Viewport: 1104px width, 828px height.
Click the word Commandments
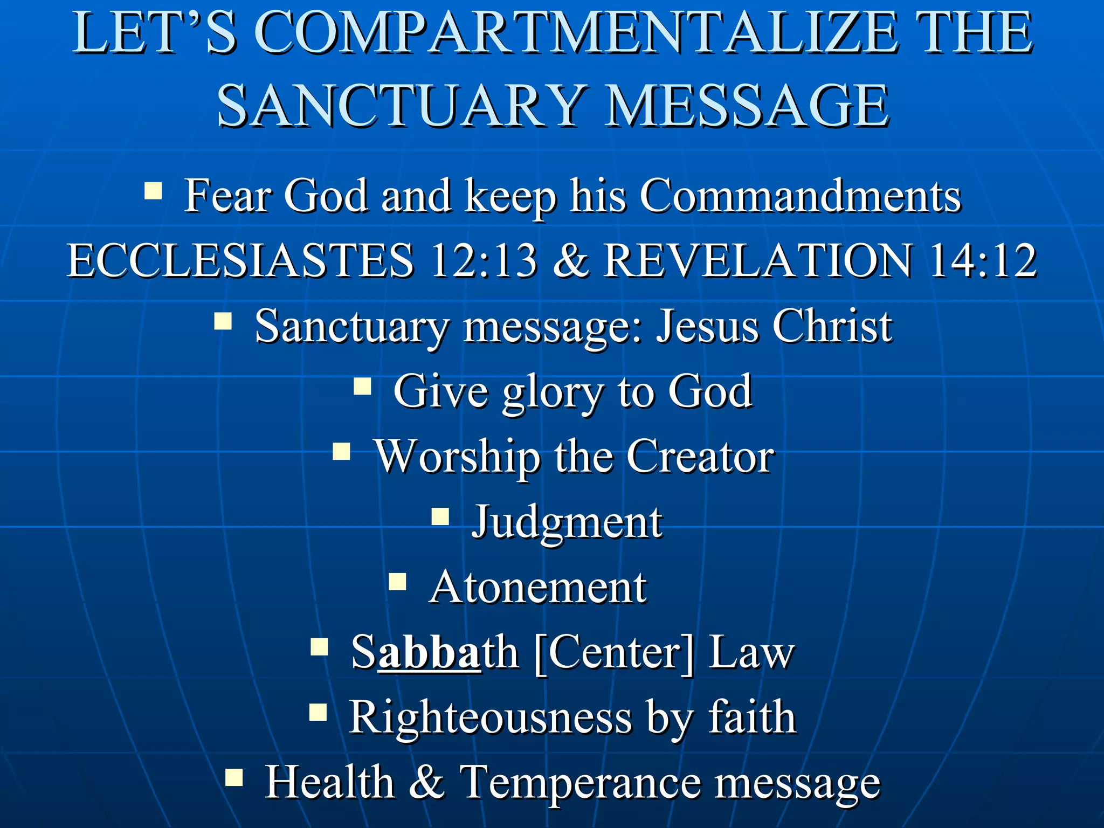[x=800, y=196]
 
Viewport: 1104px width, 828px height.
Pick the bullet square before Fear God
[x=153, y=191]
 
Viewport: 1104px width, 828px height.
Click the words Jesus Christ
[x=774, y=326]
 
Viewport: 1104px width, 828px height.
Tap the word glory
[x=553, y=392]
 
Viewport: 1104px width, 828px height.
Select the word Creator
[x=700, y=457]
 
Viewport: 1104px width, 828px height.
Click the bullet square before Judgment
[x=440, y=517]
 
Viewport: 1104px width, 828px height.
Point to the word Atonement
[x=538, y=588]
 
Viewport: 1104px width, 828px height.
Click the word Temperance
[x=580, y=783]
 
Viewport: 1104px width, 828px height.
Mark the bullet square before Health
[x=234, y=778]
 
